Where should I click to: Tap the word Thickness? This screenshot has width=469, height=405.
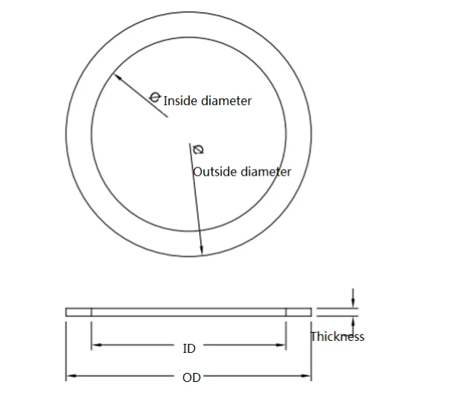pyautogui.click(x=337, y=337)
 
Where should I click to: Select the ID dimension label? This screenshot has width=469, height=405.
pyautogui.click(x=189, y=348)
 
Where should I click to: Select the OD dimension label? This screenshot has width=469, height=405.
pyautogui.click(x=191, y=377)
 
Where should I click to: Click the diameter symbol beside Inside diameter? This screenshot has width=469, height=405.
pyautogui.click(x=155, y=97)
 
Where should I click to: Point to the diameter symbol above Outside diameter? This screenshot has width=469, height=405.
pyautogui.click(x=197, y=150)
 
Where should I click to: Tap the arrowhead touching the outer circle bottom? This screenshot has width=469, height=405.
pyautogui.click(x=201, y=251)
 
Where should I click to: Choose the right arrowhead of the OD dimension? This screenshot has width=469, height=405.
pyautogui.click(x=307, y=377)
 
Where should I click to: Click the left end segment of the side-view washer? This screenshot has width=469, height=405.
pyautogui.click(x=78, y=312)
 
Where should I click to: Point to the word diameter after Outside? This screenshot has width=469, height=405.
pyautogui.click(x=265, y=172)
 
